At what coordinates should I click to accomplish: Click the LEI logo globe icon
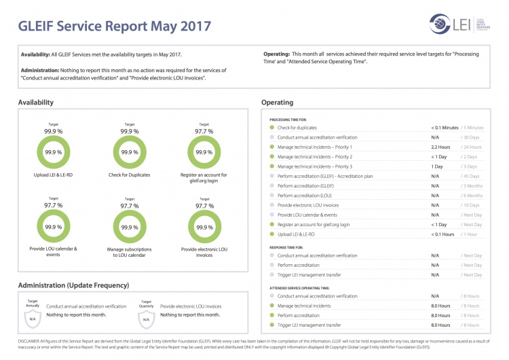pos(440,25)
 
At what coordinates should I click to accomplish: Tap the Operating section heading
pos(277,103)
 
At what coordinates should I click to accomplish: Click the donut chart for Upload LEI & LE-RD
pos(53,153)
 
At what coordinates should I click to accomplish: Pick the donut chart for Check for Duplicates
pos(130,153)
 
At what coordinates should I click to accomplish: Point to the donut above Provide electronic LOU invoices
pos(204,227)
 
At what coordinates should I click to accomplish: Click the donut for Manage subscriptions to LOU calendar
pos(130,227)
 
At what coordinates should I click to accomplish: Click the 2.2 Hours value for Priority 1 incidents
pos(440,147)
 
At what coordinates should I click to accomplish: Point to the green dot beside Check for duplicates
pos(271,128)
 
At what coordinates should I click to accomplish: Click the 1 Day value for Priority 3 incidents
pos(437,166)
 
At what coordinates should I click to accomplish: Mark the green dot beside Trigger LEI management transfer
pos(271,325)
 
